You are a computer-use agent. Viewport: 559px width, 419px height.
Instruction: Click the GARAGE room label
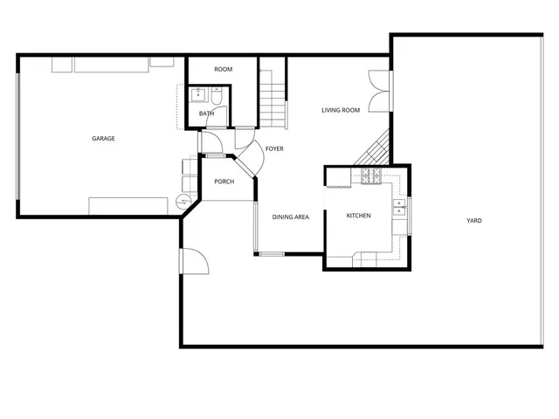tap(104, 138)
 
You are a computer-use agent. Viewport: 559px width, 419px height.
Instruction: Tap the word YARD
tap(473, 221)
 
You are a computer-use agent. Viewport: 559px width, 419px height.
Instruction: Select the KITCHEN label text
tap(359, 216)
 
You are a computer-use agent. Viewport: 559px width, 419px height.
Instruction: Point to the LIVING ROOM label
tap(341, 110)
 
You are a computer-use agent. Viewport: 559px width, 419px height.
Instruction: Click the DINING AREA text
tap(290, 217)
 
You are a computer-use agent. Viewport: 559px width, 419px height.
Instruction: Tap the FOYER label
tap(274, 149)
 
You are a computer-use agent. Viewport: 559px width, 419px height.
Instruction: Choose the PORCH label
tap(224, 182)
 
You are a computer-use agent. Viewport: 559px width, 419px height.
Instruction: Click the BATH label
tap(206, 113)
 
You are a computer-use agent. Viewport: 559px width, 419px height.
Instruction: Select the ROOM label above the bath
tap(223, 69)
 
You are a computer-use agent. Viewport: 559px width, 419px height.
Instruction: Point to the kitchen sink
tap(400, 208)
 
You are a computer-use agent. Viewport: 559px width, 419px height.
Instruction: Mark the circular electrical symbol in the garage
tap(183, 202)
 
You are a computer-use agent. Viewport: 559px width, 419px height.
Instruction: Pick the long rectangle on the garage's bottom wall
tap(128, 206)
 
